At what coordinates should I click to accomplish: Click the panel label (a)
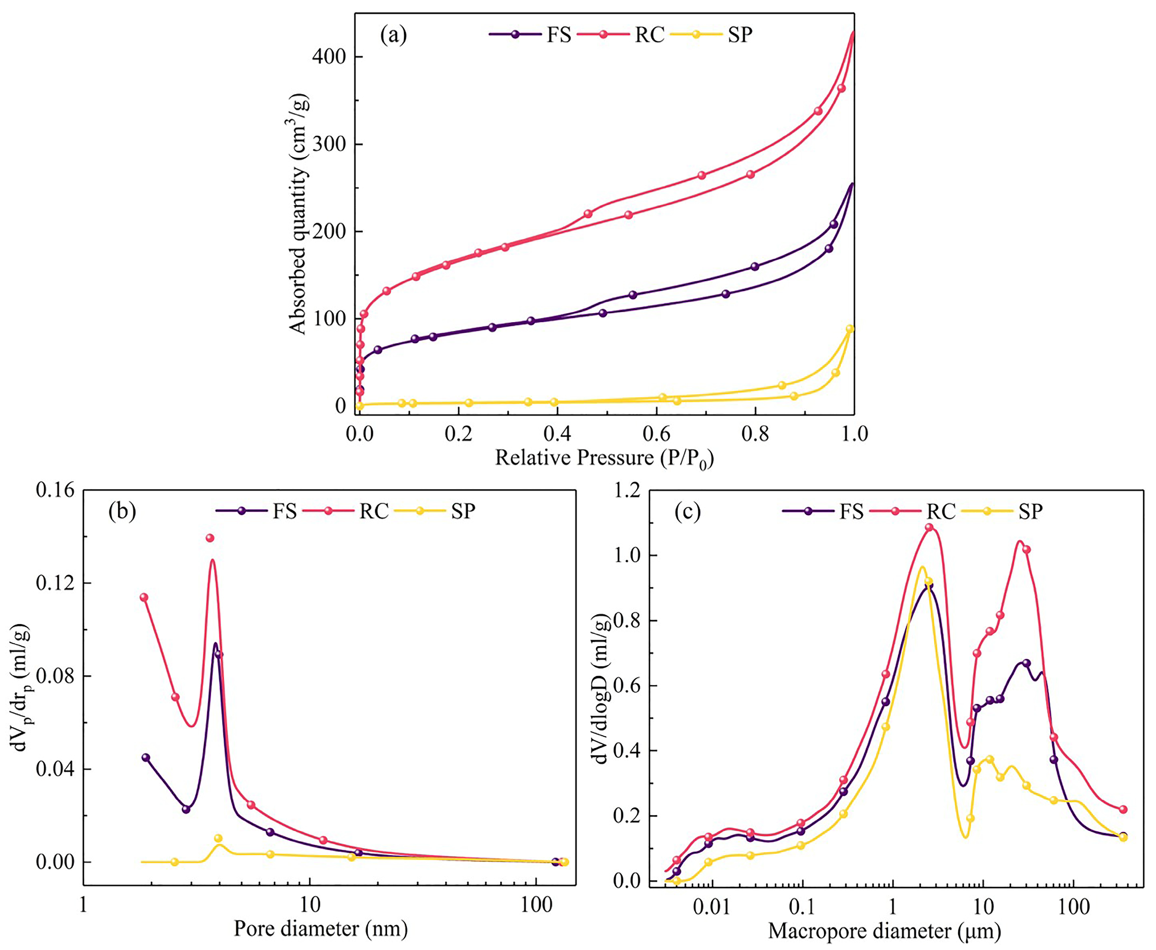[x=393, y=36]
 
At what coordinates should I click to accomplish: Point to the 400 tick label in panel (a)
[x=330, y=57]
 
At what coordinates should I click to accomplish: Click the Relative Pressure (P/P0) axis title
[x=604, y=458]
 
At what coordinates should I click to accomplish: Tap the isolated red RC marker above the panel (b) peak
[x=210, y=538]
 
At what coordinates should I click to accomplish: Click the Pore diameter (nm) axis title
[x=321, y=929]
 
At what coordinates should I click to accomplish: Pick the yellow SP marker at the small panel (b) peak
[x=218, y=838]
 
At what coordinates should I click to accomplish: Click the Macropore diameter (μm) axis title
[x=885, y=930]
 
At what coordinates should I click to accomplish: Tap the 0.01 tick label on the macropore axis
[x=712, y=908]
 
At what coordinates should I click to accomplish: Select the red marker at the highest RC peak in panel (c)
[x=929, y=528]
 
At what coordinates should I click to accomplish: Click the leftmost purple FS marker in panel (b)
[x=146, y=757]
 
